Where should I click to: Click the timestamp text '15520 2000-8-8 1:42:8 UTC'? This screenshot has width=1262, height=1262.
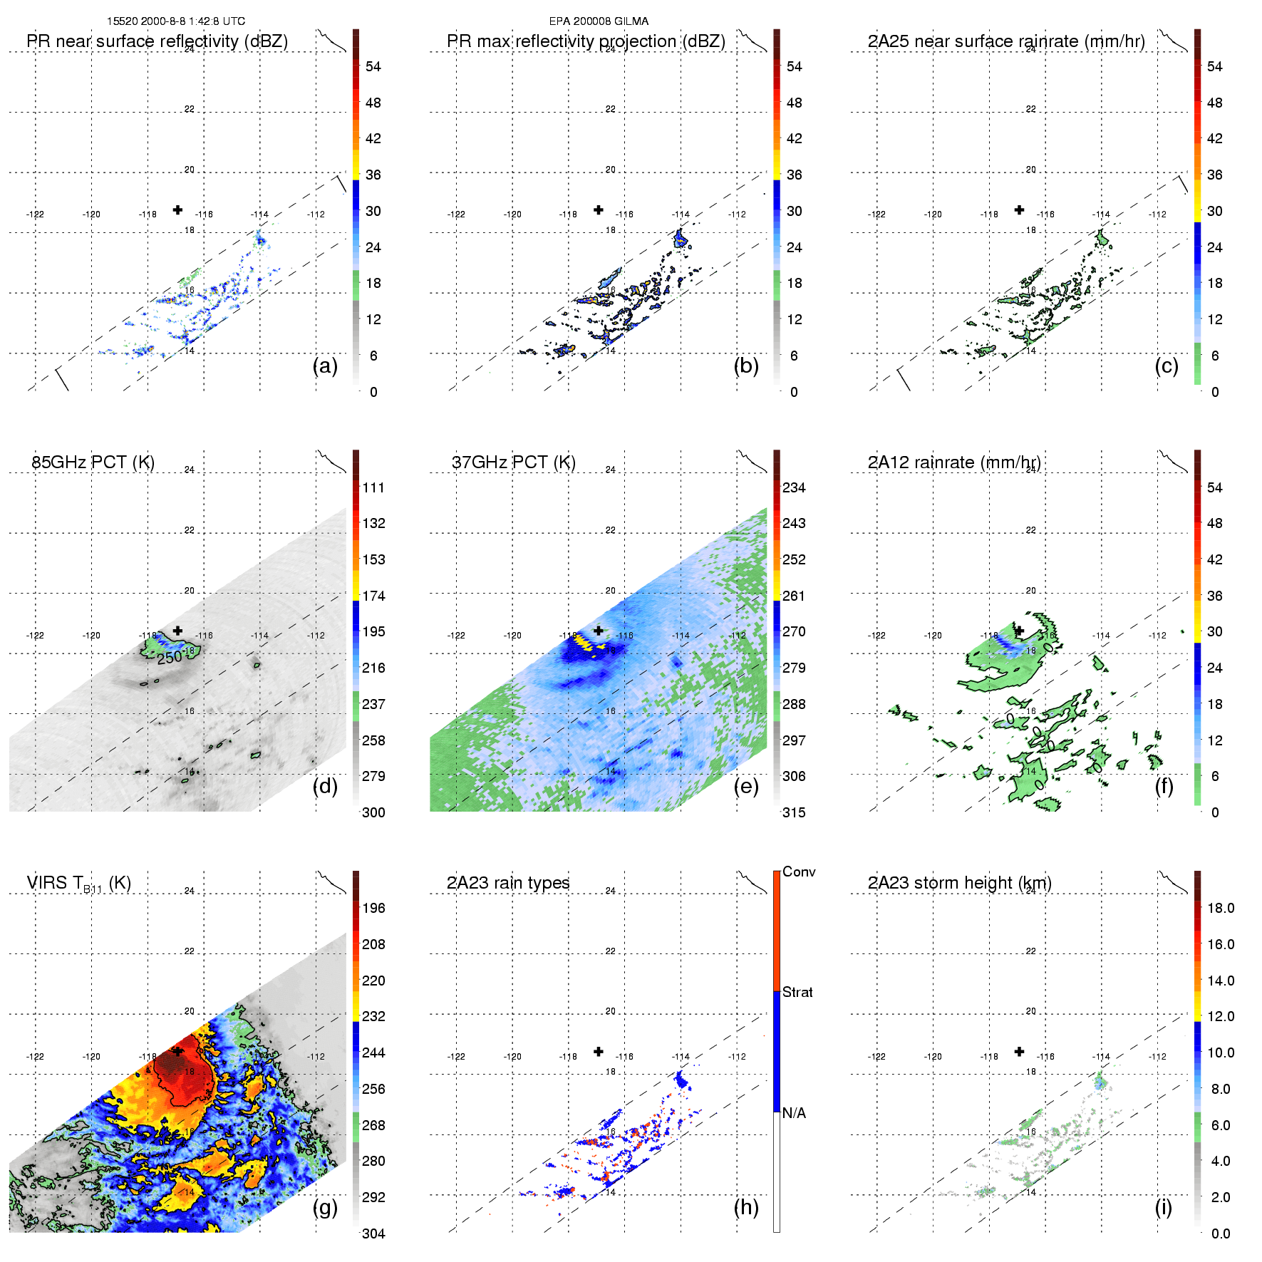coord(175,21)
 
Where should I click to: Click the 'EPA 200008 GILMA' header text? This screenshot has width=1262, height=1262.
coord(599,21)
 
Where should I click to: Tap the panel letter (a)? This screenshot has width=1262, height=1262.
coord(325,366)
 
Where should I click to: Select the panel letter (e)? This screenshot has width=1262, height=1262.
coord(746,787)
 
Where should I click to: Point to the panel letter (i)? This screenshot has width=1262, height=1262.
coord(1163,1207)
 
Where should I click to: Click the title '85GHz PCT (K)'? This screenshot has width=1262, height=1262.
coord(93,462)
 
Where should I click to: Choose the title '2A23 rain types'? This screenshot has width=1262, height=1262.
coord(508,883)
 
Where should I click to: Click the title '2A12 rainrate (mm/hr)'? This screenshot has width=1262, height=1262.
coord(954,462)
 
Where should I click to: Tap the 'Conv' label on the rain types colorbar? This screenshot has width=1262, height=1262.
coord(799,872)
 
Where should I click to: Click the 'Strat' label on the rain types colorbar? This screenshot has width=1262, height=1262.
coord(797,993)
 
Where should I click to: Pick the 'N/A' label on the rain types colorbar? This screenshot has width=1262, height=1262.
coord(794,1113)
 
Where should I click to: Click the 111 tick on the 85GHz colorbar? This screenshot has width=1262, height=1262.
coord(373,488)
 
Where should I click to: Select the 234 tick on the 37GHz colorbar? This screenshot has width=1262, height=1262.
coord(794,488)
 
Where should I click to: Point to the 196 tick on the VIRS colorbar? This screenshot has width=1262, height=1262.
coord(373,909)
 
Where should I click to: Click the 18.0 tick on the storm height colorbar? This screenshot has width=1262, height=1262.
coord(1220,909)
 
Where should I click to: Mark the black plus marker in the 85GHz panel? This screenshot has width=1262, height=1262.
coord(177,631)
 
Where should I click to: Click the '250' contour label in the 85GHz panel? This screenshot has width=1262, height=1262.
coord(170,658)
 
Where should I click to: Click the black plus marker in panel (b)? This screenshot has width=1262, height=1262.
coord(599,210)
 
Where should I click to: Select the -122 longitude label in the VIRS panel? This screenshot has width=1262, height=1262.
coord(35,1057)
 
